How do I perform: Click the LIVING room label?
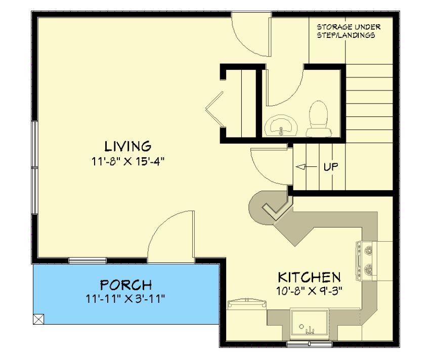(128, 146)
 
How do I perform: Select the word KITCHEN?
(309, 277)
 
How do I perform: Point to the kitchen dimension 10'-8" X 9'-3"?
(309, 291)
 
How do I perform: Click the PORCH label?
(126, 285)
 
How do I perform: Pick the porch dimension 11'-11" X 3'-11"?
(125, 299)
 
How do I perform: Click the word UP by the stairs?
(331, 167)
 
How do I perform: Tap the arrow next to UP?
(306, 167)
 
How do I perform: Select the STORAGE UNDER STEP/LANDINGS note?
(349, 31)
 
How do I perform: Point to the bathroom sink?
(281, 126)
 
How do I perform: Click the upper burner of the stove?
(368, 251)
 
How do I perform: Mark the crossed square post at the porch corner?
(38, 319)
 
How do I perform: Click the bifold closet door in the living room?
(214, 109)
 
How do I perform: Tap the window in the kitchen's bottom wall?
(309, 344)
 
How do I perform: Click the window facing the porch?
(88, 260)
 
